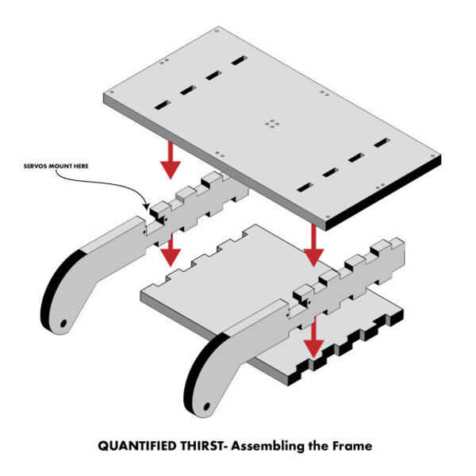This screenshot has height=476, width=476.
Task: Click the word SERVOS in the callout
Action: [35, 166]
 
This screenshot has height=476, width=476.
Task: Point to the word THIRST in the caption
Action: [202, 446]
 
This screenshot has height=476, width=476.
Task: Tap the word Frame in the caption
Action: [352, 446]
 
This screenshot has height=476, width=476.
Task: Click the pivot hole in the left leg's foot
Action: [63, 324]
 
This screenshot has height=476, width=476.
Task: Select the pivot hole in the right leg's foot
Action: [206, 406]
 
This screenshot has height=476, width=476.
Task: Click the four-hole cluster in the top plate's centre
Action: [272, 124]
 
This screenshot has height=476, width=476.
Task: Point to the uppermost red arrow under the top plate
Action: [171, 160]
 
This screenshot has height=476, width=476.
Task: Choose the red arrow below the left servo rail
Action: [171, 250]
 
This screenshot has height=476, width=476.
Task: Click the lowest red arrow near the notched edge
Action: [313, 338]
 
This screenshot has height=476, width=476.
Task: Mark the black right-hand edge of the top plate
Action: [383, 193]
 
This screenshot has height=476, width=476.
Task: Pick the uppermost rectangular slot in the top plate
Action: [240, 60]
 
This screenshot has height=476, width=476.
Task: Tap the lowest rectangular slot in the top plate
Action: [305, 187]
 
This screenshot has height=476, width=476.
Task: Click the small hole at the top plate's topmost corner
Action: [217, 31]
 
